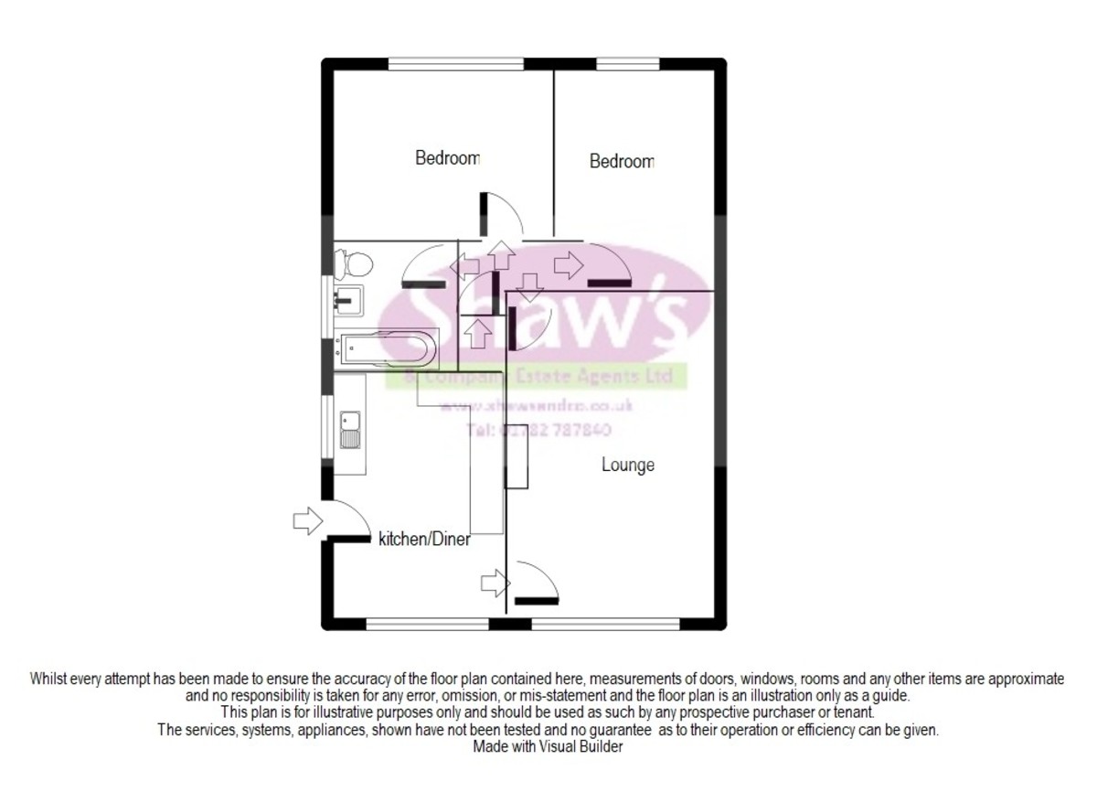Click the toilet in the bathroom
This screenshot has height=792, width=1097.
tap(354, 264)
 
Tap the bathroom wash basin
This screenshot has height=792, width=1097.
tap(348, 299)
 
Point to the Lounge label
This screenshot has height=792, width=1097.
tap(627, 466)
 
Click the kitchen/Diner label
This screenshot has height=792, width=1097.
tap(424, 540)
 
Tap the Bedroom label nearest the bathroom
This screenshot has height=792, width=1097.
tap(447, 158)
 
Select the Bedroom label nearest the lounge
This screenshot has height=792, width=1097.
tap(622, 162)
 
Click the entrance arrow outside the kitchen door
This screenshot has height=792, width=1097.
tap(307, 521)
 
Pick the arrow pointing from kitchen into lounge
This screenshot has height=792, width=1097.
tap(495, 581)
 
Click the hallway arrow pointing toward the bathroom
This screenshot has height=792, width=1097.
tap(468, 267)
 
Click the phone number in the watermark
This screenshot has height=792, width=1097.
tap(539, 429)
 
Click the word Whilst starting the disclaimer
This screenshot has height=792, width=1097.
tap(49, 680)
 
